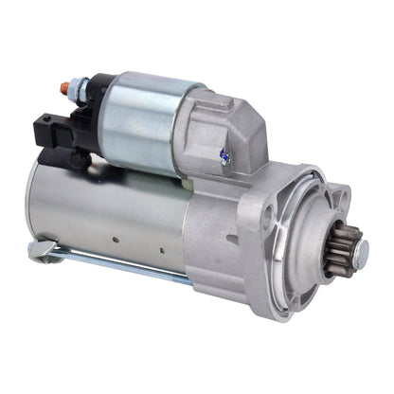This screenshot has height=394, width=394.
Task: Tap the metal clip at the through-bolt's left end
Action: pos(38,252)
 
